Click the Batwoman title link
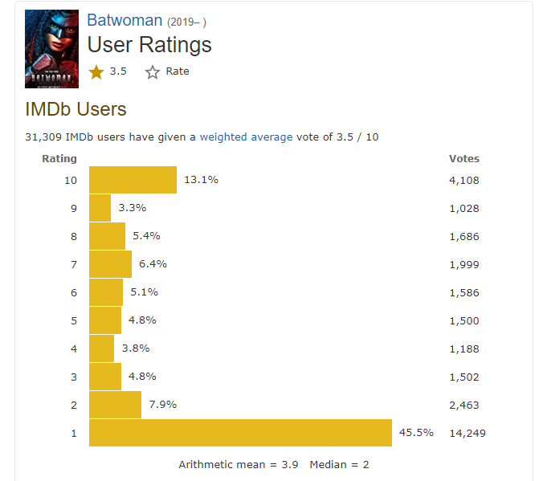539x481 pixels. [124, 20]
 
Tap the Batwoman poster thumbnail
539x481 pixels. [52, 48]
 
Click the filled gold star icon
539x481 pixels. [96, 72]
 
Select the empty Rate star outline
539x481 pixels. [153, 72]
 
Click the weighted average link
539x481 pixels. [246, 137]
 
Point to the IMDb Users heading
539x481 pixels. [76, 108]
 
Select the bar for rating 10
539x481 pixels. [133, 180]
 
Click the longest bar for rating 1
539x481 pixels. [240, 433]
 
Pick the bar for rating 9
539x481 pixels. [100, 208]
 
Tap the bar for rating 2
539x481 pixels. [115, 405]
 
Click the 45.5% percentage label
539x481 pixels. [416, 432]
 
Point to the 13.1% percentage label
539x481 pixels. [201, 180]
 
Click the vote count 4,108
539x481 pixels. [463, 180]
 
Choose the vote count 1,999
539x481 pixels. [463, 264]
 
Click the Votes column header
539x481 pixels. [463, 158]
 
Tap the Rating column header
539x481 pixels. [59, 158]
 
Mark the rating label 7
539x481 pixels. [74, 264]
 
